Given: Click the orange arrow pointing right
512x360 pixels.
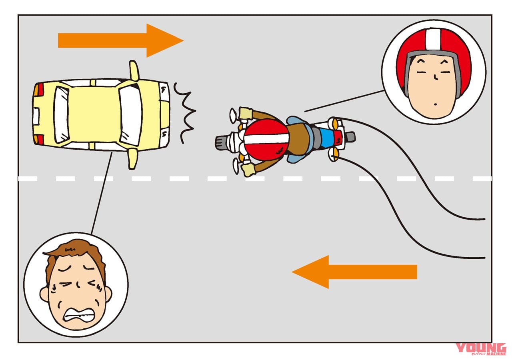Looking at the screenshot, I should point(120,40).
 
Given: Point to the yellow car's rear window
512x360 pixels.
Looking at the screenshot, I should point(62,115).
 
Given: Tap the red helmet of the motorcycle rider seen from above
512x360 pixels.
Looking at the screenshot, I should point(266,140).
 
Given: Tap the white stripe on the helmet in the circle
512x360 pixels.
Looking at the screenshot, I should point(432,40).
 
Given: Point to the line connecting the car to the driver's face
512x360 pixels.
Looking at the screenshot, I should point(102,192).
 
